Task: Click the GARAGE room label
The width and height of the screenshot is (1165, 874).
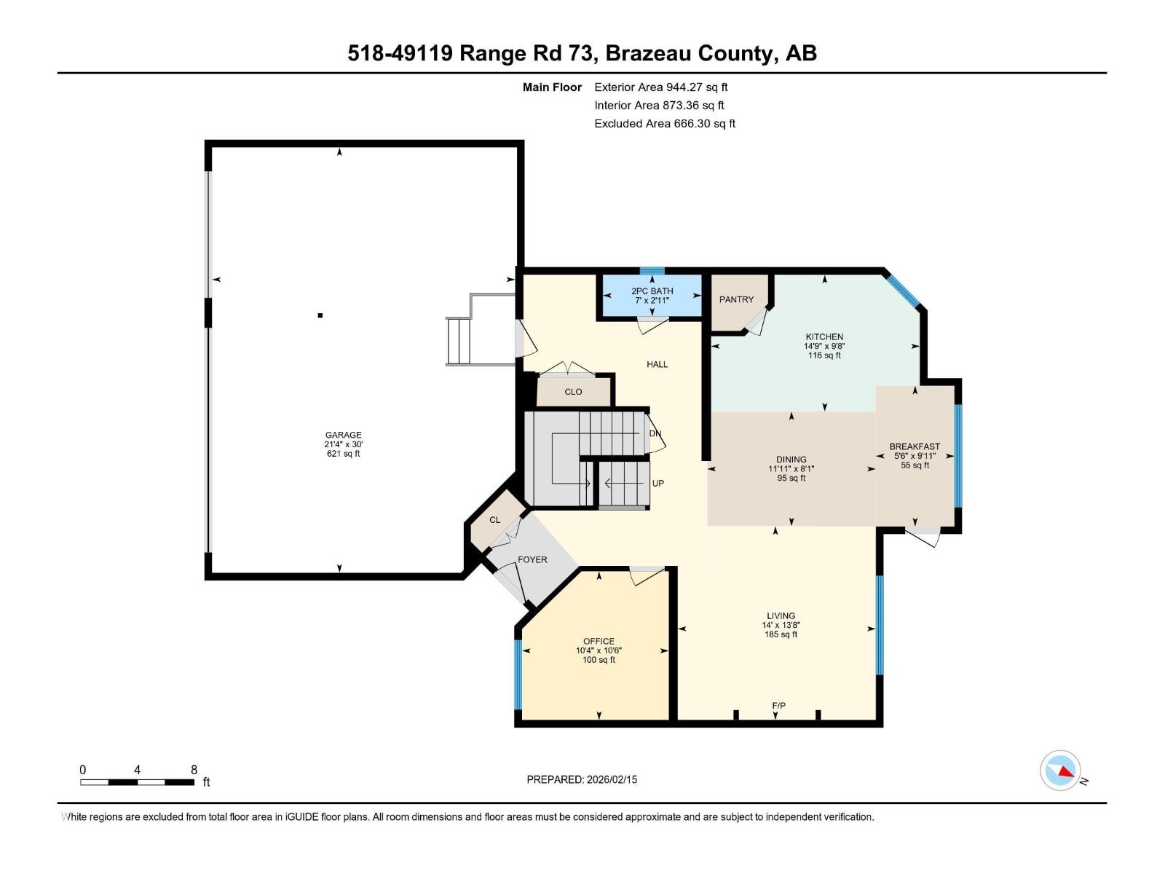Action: coord(343,435)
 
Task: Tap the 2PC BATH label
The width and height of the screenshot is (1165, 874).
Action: coord(652,291)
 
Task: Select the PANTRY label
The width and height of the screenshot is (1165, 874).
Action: coord(736,299)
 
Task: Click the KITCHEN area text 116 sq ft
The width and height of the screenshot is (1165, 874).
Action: coord(824,355)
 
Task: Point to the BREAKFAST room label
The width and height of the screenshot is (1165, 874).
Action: coord(915,446)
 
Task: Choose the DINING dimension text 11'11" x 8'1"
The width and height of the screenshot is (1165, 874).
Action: coord(791,469)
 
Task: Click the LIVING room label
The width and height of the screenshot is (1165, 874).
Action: coord(781,615)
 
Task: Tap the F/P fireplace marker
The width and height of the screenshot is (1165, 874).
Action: coord(778,706)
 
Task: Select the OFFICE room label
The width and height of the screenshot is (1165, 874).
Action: coord(599,642)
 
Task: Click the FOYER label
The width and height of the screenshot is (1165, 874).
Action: coord(532,559)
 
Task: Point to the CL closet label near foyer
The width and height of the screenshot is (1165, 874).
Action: coord(495,520)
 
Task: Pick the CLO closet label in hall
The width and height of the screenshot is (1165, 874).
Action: coord(573,392)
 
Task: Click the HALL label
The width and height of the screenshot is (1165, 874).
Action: coord(657,364)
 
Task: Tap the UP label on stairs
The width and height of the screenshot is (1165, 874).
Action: coord(657,484)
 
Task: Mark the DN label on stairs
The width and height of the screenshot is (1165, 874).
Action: coord(655,433)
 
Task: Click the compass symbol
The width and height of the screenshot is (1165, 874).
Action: coord(1061,771)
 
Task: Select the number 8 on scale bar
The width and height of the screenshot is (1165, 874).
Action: coord(194,770)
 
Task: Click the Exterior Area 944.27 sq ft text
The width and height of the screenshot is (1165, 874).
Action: coord(660,87)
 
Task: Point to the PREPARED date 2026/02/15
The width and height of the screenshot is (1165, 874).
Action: coord(582,779)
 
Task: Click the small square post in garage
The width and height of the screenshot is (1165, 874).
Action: coord(320,315)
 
